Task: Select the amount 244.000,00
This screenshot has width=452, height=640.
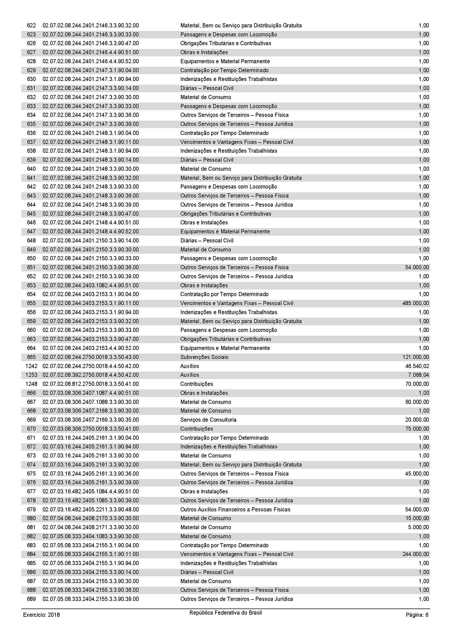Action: (x=416, y=554)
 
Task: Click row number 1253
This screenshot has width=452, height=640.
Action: (x=31, y=375)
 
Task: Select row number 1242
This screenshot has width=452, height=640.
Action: (x=31, y=366)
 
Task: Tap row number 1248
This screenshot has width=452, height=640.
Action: (x=31, y=384)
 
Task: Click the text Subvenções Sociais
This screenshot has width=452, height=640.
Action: (x=204, y=357)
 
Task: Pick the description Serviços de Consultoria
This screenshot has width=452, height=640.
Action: (x=208, y=420)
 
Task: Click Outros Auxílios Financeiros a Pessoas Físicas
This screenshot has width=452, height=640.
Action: (x=235, y=509)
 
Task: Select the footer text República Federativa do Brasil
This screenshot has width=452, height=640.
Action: (x=225, y=613)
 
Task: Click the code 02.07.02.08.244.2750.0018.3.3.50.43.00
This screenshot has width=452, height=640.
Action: (x=90, y=357)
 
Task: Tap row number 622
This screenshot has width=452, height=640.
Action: (x=31, y=26)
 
